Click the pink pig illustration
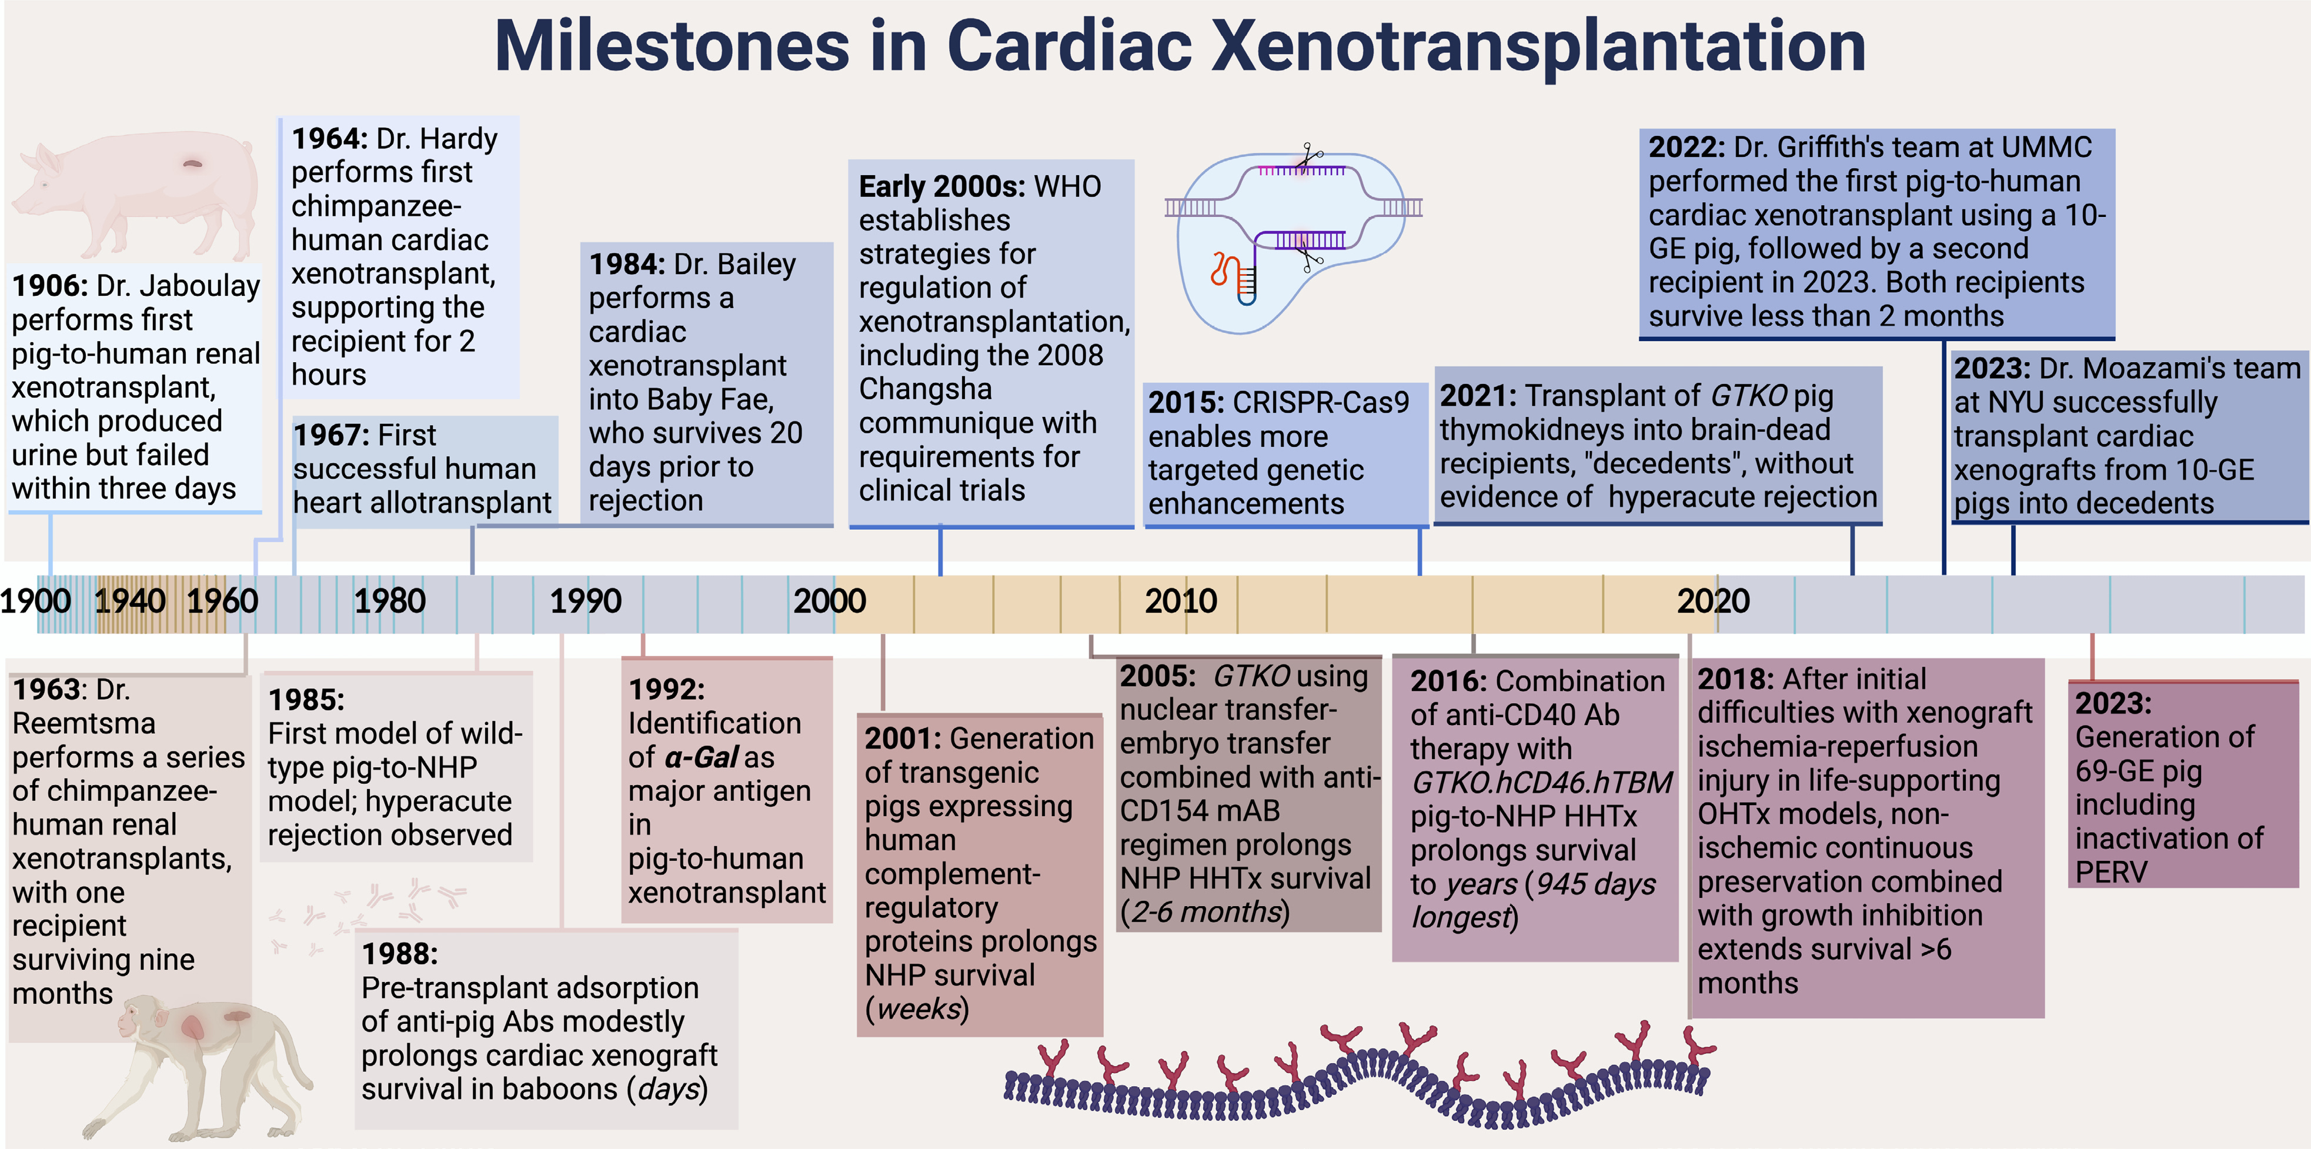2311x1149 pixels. click(x=135, y=193)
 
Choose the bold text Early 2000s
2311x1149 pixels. click(x=941, y=186)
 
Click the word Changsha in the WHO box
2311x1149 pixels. click(x=925, y=389)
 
